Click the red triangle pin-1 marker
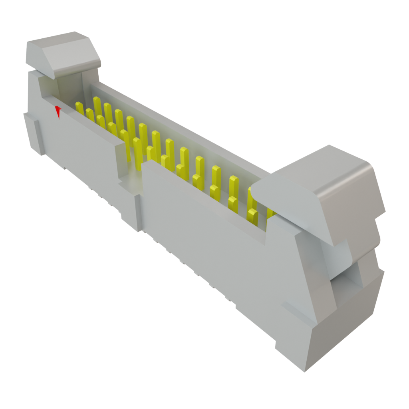tap(58, 111)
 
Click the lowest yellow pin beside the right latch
tap(252, 216)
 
